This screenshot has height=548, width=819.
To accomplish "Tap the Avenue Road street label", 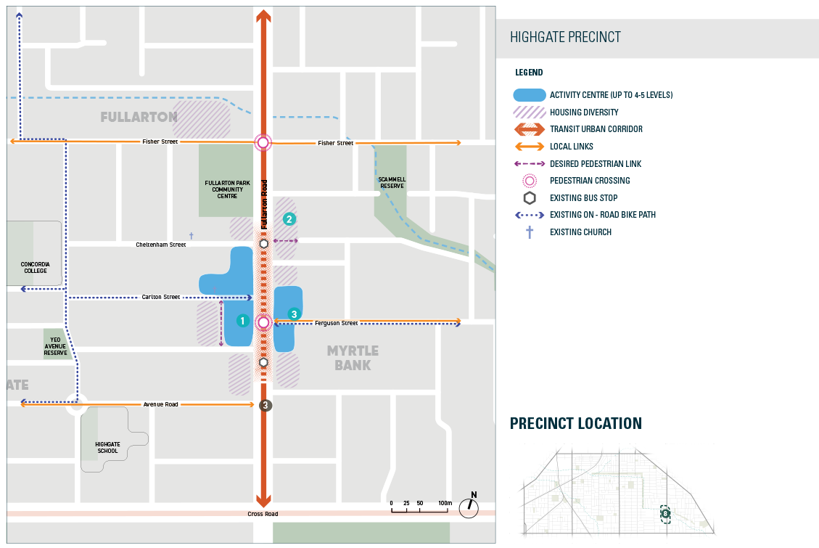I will click(x=160, y=404).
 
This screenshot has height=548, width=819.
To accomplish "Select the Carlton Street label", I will click(x=160, y=298).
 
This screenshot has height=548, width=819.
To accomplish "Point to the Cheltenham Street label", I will click(x=161, y=245).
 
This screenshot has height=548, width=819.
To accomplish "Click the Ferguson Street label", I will click(x=337, y=323).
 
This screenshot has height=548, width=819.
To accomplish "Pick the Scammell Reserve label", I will click(x=390, y=182).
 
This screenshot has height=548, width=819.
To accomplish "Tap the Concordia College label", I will click(x=36, y=267).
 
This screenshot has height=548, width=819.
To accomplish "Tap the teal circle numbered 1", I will click(x=242, y=320).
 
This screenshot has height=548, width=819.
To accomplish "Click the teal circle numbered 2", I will click(x=289, y=218).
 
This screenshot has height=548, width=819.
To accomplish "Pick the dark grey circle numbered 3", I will click(x=266, y=405).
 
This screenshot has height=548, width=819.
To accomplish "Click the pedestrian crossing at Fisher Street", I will click(x=263, y=143).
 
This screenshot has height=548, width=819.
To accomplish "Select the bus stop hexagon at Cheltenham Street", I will click(x=264, y=244).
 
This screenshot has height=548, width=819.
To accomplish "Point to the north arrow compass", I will click(x=469, y=507).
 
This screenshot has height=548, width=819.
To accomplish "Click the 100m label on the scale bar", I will click(x=445, y=503).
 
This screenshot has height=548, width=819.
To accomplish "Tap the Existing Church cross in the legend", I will click(x=530, y=232).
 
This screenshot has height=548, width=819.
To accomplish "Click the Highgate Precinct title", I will click(x=565, y=38).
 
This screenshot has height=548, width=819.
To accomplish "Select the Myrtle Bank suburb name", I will click(x=353, y=358).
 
